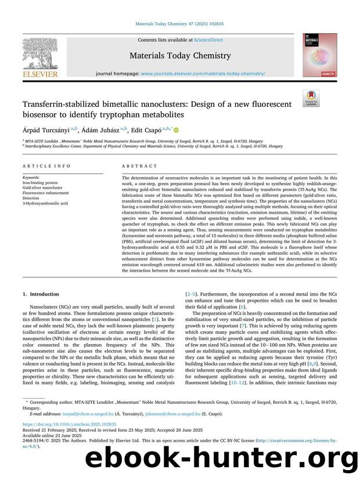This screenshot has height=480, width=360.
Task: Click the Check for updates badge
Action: point(310,98)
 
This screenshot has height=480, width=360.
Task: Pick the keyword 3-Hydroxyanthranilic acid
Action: point(45,203)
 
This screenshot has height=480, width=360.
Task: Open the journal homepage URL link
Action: point(203,74)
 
